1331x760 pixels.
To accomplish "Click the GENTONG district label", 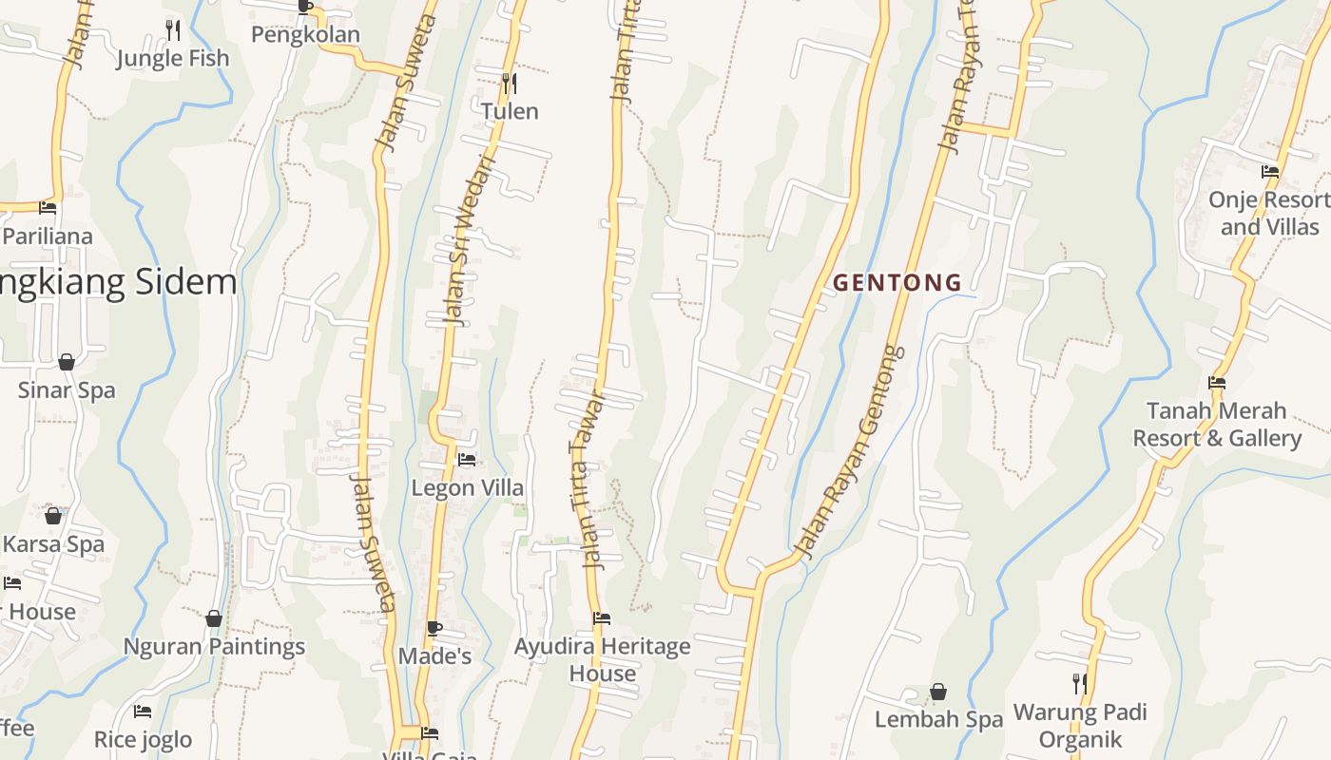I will pos(897,282).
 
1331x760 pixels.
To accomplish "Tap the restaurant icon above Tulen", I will pos(510,84).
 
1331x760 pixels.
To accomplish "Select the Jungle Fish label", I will pos(173,58).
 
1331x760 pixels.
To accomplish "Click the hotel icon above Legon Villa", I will pos(467,460).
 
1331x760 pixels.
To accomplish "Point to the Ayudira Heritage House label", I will pos(603,659).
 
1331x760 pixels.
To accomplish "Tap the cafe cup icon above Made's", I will pos(434,628).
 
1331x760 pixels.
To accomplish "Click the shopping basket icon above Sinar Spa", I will pos(67,362).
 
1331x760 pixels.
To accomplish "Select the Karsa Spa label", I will pos(53,544).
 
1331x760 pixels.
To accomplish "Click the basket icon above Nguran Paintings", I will pos(214,618).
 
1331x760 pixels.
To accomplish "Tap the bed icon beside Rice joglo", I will pos(143,711).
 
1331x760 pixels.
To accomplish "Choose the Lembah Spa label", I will pos(938,719).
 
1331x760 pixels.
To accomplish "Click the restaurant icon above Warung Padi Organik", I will pos(1079,683).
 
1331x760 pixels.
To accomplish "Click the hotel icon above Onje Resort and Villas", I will pos(1270,172).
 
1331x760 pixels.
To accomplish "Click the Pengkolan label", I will pos(305,35).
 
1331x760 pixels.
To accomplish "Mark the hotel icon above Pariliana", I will pos(48,208).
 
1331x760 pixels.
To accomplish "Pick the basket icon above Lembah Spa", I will pos(938,692).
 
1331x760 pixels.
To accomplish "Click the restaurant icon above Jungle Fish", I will pos(172,29).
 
